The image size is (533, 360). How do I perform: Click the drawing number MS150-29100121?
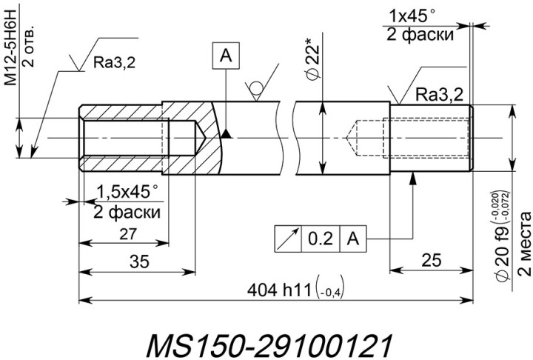coord(266,344)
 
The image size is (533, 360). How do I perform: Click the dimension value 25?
coord(431,261)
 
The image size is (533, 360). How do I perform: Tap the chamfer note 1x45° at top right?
coord(423,15)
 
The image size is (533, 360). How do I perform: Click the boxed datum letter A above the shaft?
coord(226,54)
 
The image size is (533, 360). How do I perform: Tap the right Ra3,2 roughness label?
coord(439,95)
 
